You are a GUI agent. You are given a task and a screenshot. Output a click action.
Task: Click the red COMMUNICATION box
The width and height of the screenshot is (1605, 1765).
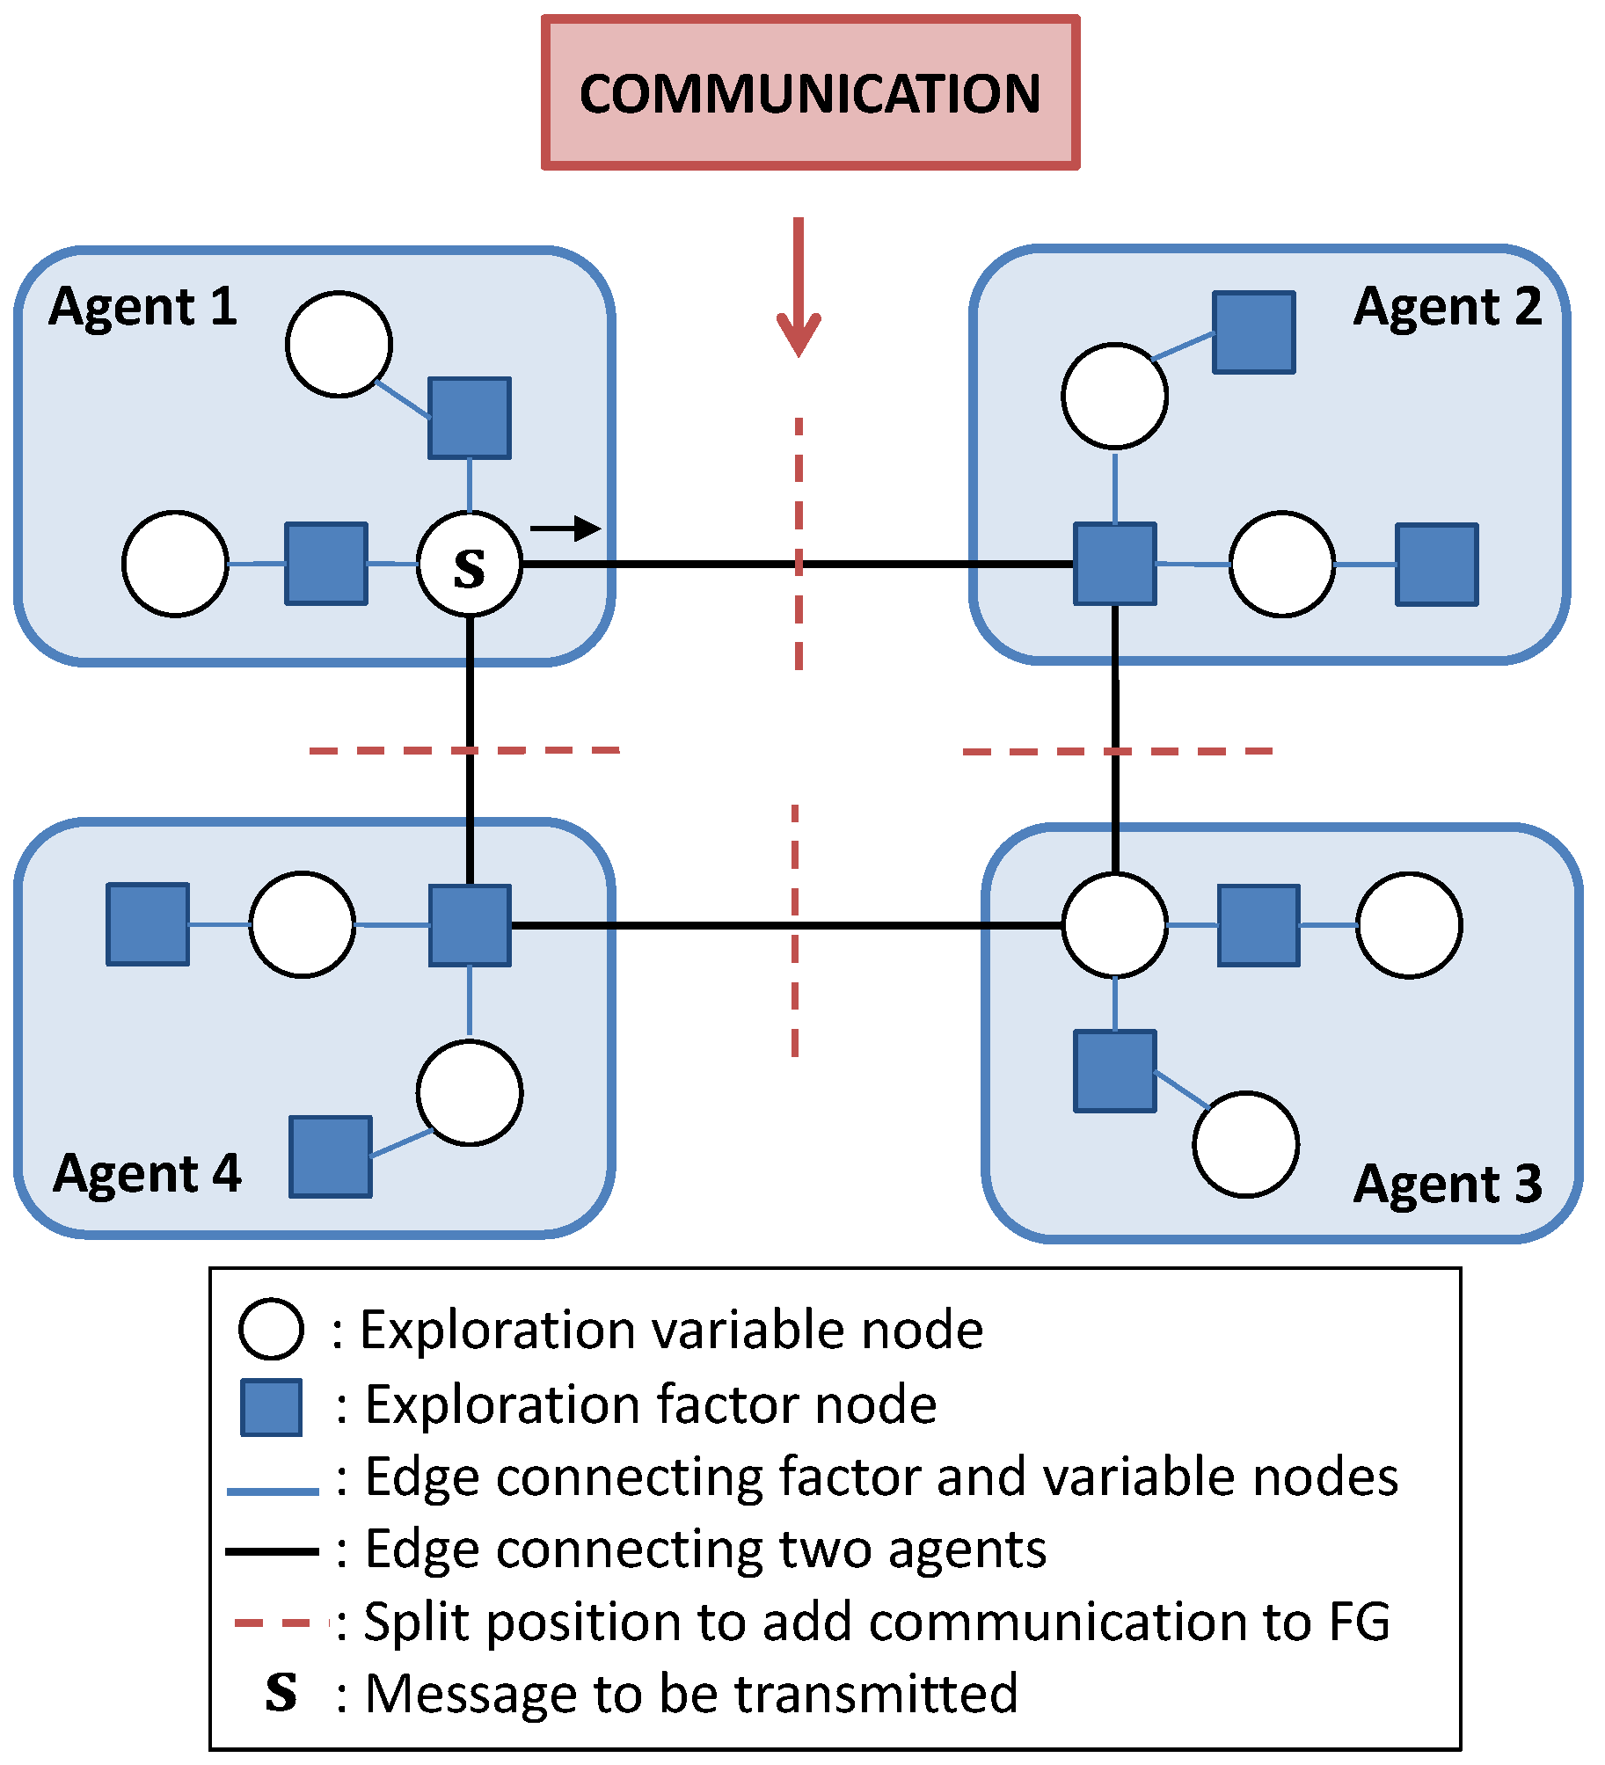point(810,92)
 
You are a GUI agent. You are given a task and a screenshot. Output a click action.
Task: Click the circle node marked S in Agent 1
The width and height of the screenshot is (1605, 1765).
point(470,565)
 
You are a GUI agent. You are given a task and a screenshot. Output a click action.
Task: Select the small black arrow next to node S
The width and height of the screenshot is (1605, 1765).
point(565,529)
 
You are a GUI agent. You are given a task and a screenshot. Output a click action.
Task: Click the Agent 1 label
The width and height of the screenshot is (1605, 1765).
point(142,307)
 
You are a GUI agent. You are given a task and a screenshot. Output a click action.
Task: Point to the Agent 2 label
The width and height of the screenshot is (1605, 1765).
point(1447,307)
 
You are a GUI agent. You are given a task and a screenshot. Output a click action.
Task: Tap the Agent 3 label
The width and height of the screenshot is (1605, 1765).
point(1447,1184)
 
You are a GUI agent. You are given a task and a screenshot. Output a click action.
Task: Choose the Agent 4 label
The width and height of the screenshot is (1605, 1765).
point(147,1173)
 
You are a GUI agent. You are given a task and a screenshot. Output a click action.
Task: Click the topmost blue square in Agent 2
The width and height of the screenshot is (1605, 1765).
point(1253,332)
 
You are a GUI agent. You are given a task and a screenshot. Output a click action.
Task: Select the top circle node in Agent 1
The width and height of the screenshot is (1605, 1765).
point(339,344)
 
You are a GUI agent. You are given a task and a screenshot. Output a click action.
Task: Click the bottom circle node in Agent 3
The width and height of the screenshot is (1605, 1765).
point(1245,1144)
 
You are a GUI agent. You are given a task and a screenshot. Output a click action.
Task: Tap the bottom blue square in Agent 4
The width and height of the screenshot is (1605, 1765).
point(331,1156)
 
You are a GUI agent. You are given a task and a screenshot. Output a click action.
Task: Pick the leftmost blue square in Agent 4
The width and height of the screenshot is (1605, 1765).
point(148,924)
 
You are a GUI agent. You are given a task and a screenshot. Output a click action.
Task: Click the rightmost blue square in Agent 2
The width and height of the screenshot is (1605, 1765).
point(1437,565)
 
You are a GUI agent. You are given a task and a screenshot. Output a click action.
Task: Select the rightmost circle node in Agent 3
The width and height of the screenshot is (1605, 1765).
point(1409,925)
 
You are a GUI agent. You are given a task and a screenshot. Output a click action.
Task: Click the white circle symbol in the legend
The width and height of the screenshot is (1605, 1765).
point(271,1329)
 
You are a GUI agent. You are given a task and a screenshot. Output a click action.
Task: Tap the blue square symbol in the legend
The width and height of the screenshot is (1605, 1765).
point(272,1407)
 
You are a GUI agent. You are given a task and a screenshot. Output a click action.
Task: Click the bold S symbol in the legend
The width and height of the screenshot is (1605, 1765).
point(281,1693)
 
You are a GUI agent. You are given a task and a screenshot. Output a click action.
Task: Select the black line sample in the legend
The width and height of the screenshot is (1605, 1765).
point(272,1551)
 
